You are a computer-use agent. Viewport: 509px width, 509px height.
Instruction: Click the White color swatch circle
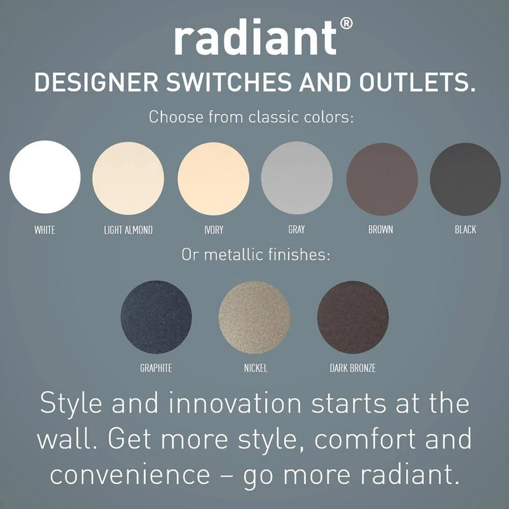point(45,177)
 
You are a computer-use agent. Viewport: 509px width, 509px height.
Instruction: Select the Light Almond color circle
point(128,178)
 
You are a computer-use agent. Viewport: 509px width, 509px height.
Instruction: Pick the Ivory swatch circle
point(213,179)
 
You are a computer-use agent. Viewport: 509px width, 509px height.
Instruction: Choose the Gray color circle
point(297,178)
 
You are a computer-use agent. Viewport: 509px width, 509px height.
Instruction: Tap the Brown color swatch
point(382,179)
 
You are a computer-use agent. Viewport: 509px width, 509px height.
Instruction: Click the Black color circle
point(465,179)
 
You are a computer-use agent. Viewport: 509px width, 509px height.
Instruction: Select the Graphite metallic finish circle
point(156,317)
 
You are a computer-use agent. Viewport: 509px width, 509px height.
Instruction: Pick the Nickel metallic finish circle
point(254,317)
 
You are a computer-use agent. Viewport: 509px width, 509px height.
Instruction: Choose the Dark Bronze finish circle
point(353,317)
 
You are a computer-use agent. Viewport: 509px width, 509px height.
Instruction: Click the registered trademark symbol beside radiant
point(346,24)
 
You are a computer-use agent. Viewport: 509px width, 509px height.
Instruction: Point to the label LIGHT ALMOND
point(128,230)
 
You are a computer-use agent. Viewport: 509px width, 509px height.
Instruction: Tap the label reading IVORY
point(214,230)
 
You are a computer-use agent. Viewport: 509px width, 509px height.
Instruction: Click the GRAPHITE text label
point(156,368)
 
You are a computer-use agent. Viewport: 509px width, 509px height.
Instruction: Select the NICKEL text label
point(256,368)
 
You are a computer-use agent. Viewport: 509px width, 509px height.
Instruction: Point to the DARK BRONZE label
point(353,368)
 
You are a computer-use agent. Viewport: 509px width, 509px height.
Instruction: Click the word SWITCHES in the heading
point(229,82)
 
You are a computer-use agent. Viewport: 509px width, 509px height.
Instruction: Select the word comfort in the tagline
point(365,439)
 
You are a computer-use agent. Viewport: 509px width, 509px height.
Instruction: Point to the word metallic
point(233,254)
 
